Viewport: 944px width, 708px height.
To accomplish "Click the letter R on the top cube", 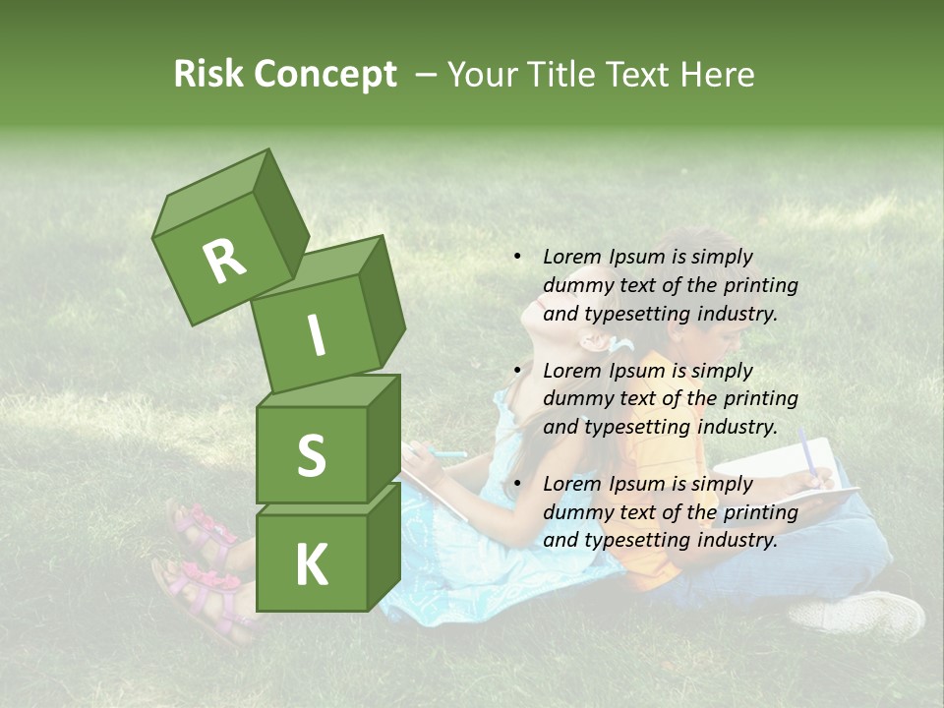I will coord(223,262).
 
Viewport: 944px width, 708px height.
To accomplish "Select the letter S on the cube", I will coord(311,455).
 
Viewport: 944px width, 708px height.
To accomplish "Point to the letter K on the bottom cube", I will coord(311,565).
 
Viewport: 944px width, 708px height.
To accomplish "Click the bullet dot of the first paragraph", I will coord(517,257).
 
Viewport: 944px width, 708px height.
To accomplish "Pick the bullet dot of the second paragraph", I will coord(517,371).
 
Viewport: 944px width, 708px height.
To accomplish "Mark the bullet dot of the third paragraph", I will coord(517,484).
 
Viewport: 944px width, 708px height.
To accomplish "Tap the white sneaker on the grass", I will coord(856,614).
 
